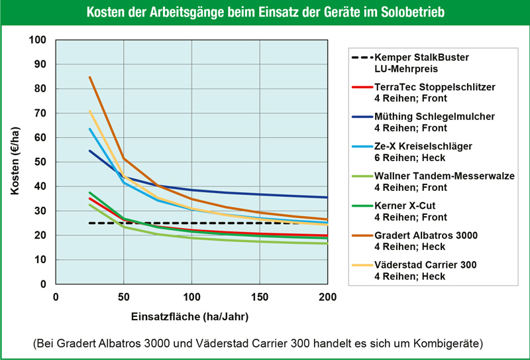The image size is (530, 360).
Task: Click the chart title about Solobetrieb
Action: (265, 13)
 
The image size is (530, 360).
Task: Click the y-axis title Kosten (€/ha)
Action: (14, 162)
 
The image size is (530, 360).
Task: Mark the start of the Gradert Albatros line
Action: (89, 77)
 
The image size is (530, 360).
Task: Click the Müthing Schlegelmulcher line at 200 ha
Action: (327, 197)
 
